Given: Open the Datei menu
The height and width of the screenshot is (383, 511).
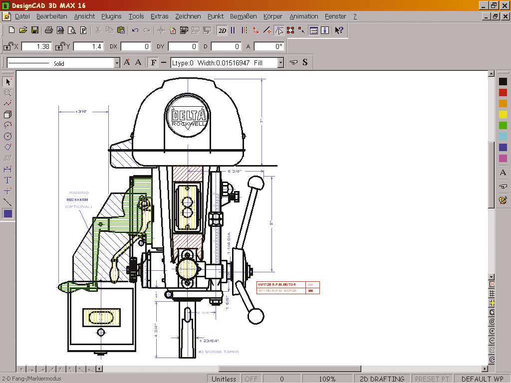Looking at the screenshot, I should [x=22, y=16].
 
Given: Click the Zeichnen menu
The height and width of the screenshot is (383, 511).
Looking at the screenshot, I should [x=188, y=16].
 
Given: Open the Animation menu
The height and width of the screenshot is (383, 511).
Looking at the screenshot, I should [x=303, y=16].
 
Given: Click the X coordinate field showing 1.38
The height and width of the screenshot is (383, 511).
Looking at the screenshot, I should [x=36, y=46].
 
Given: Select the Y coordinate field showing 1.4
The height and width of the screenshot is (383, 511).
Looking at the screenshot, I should [x=88, y=46].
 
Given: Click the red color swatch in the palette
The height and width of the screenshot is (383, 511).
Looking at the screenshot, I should [x=503, y=92].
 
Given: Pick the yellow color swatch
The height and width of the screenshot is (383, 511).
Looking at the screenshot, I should [x=503, y=114].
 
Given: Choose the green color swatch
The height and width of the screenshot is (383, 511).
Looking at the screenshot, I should [x=503, y=125].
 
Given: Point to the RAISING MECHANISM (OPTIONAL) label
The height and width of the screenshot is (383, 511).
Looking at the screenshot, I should [x=78, y=199].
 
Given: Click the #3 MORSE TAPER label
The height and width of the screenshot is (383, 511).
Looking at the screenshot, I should [x=219, y=352].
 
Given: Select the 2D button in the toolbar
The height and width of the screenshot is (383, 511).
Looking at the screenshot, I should [x=222, y=30].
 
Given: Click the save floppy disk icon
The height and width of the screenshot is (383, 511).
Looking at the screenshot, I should [x=35, y=30].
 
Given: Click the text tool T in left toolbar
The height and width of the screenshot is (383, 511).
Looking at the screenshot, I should [x=7, y=181].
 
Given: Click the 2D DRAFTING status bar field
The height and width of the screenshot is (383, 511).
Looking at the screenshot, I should [x=382, y=379].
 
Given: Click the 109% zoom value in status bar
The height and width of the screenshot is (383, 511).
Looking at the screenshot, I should [x=327, y=379].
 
